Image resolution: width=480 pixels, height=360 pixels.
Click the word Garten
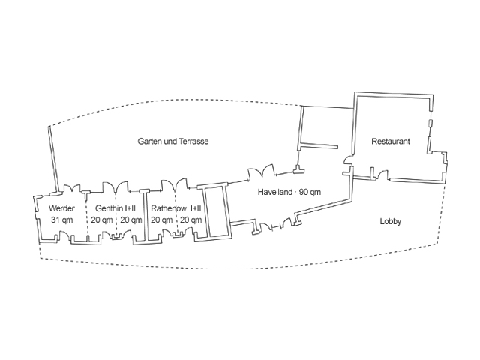[149, 141]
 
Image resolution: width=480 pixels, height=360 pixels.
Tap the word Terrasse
[193, 141]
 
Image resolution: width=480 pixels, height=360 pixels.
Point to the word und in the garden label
[169, 141]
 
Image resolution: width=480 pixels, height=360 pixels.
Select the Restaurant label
[390, 141]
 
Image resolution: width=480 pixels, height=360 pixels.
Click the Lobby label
[391, 221]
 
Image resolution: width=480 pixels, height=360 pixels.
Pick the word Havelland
[275, 192]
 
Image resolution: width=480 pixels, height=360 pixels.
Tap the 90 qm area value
[310, 192]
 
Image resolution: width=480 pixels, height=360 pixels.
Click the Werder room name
[61, 208]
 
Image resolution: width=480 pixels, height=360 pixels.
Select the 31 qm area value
[61, 220]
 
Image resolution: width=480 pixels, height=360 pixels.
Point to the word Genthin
[109, 208]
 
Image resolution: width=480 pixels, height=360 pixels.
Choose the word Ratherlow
[169, 208]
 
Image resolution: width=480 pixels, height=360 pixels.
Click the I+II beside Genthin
[130, 208]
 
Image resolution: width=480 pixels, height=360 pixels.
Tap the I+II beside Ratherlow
[196, 208]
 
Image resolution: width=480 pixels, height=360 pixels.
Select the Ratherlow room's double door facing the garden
[169, 183]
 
